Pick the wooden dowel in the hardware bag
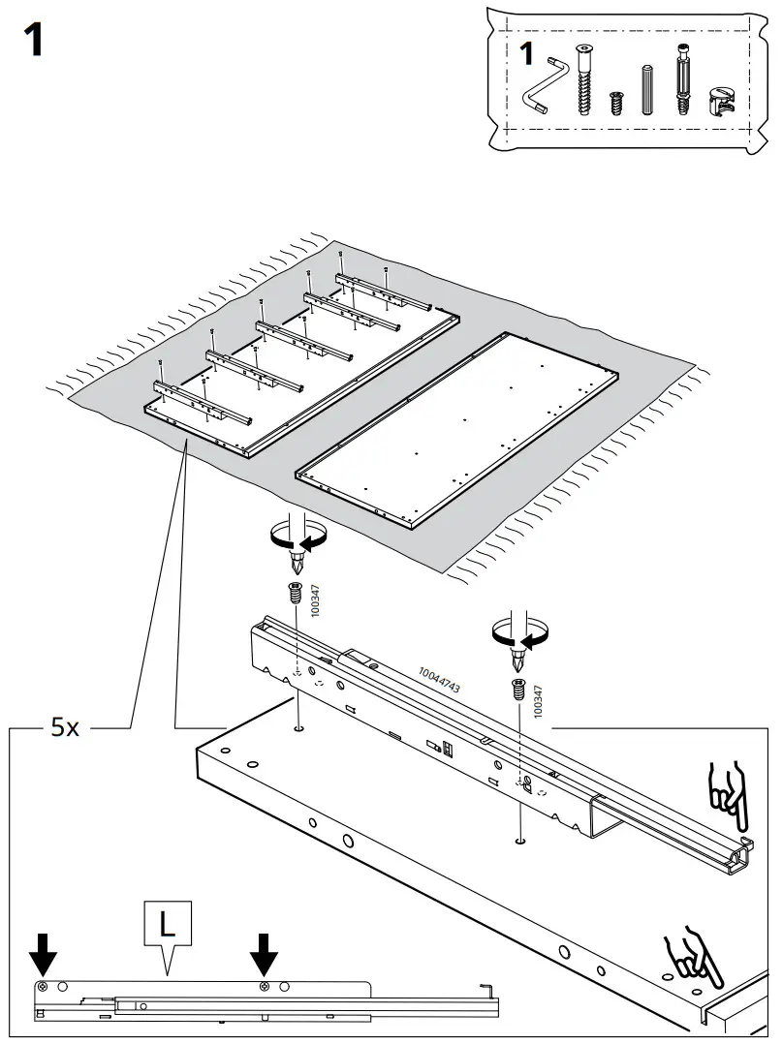[x=647, y=90]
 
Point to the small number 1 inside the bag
[x=526, y=55]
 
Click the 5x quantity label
[x=65, y=727]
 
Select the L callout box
[x=168, y=924]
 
